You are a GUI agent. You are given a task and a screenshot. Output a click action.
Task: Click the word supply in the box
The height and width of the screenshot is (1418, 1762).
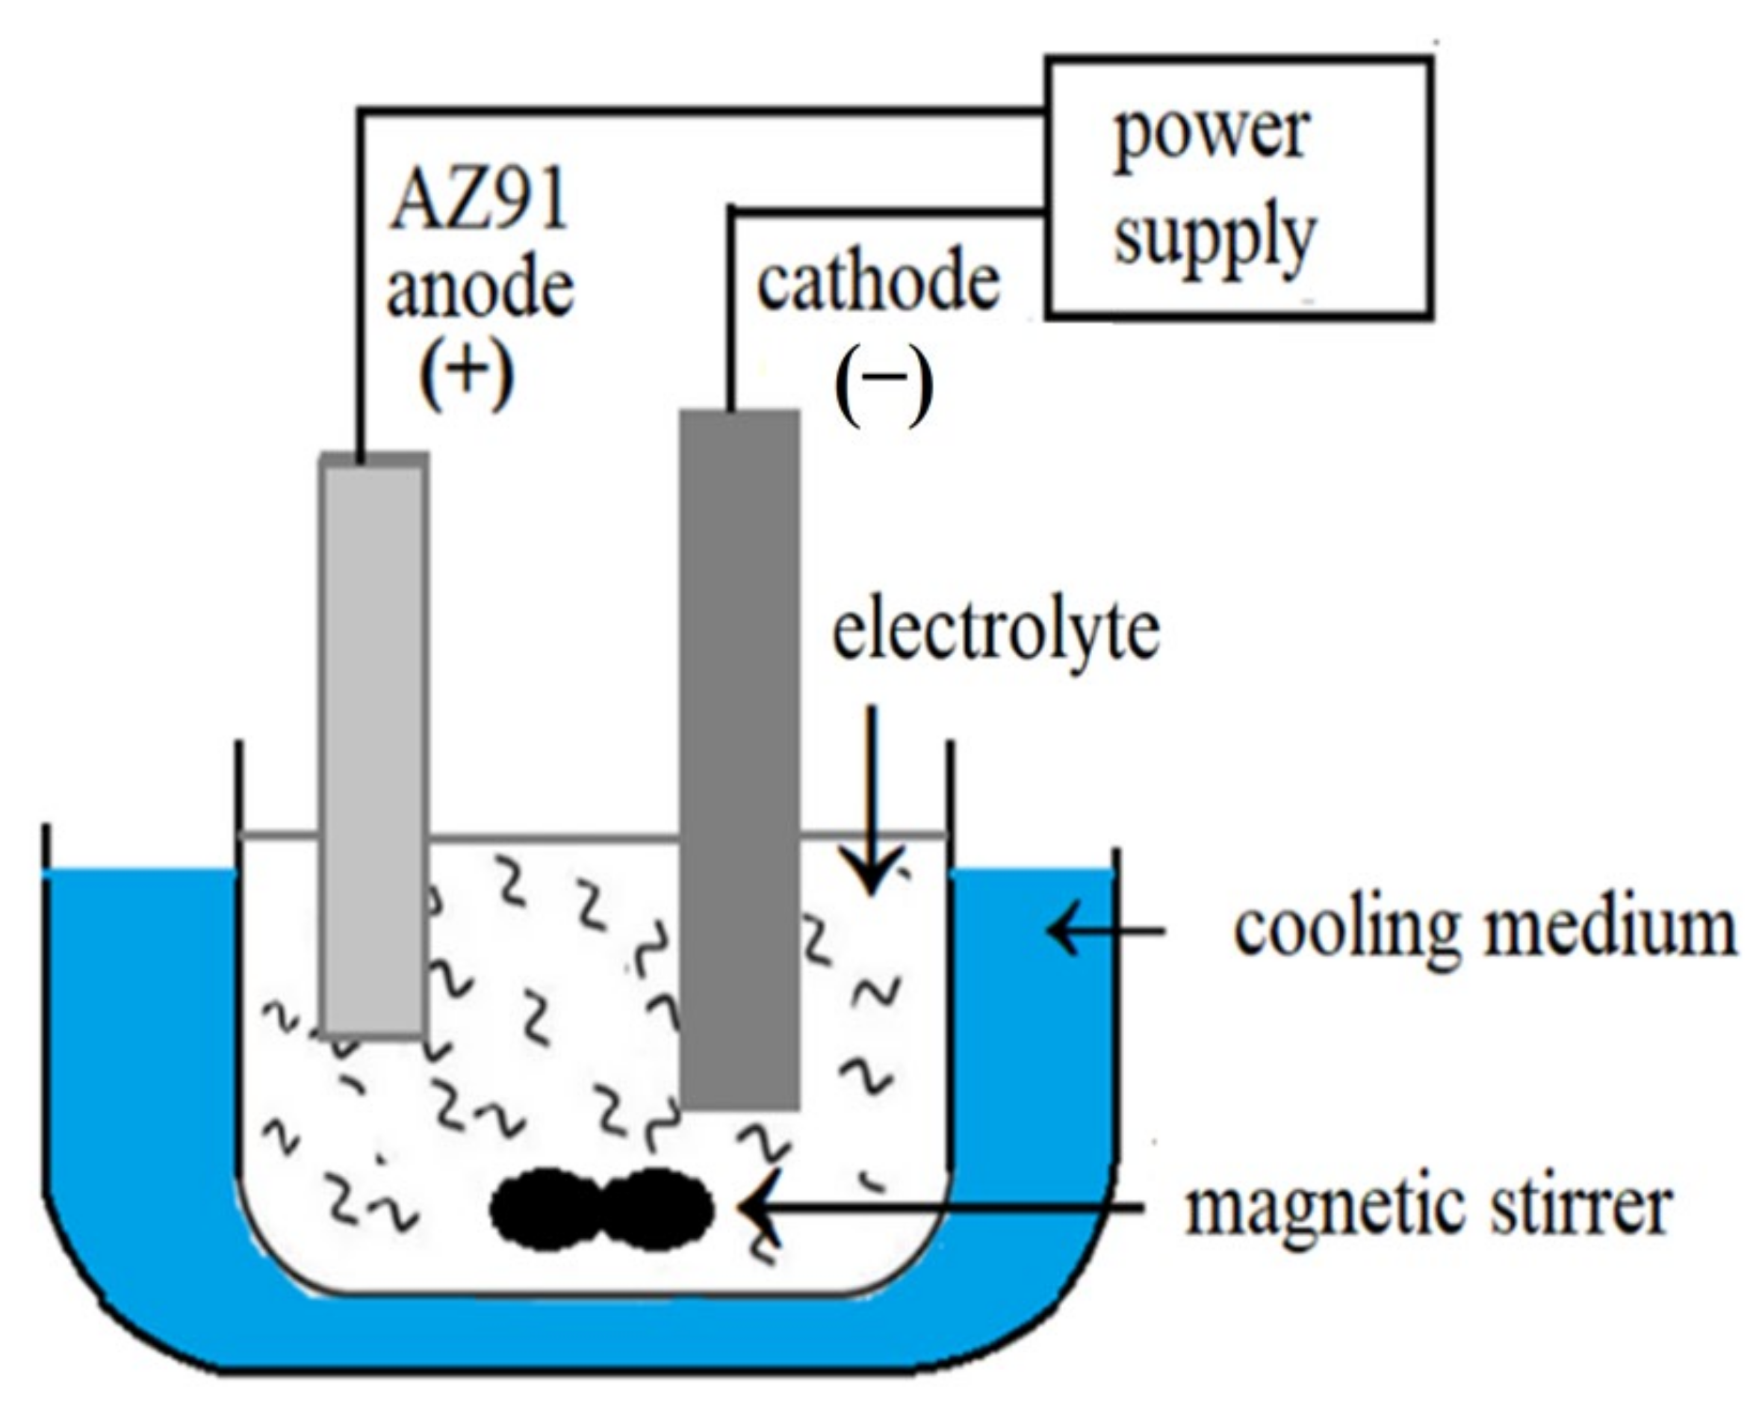point(1215,237)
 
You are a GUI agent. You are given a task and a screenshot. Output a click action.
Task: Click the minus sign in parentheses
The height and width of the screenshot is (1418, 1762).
point(884,378)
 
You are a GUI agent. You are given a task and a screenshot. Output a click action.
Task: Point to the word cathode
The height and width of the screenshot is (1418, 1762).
point(878,283)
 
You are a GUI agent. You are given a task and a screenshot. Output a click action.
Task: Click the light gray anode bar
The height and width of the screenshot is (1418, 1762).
point(373,736)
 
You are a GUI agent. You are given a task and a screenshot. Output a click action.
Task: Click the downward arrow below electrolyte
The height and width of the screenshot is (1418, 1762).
point(871,801)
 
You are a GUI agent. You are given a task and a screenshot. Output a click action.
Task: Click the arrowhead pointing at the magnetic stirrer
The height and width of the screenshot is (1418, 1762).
point(756,1207)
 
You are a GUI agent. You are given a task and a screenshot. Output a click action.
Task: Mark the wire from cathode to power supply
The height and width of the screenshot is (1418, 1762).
point(883,211)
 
